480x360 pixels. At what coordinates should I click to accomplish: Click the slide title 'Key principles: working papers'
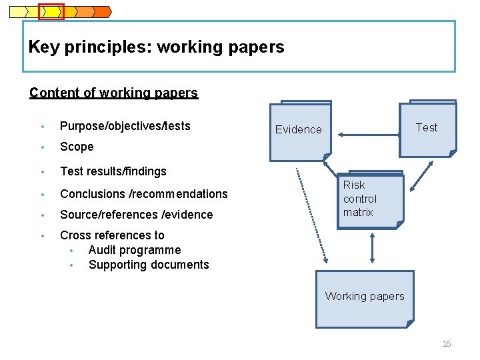click(x=157, y=47)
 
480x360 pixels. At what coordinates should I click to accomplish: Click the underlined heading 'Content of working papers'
click(x=113, y=93)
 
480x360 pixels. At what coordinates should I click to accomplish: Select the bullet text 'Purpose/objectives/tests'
click(x=125, y=126)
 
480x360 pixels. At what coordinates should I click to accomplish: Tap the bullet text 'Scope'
click(x=77, y=147)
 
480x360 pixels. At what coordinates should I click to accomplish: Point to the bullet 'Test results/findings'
click(x=113, y=171)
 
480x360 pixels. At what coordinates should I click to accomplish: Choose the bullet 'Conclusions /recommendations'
click(x=143, y=194)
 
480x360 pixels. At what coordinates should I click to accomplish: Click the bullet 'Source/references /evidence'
click(x=136, y=215)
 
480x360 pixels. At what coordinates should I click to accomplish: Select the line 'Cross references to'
click(x=112, y=235)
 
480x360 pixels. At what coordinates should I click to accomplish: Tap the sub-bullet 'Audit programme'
click(x=134, y=250)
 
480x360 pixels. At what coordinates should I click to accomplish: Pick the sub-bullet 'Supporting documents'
click(x=149, y=265)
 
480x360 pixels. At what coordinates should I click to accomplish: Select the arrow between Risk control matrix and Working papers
click(x=371, y=249)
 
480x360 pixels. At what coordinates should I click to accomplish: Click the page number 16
click(x=447, y=344)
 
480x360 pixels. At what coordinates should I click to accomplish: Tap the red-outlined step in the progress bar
click(x=51, y=11)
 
